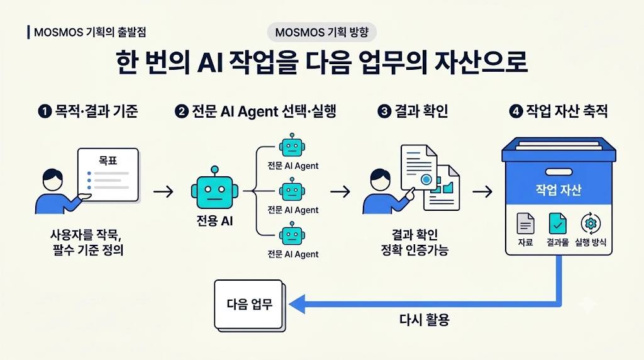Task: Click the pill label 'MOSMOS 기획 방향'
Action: (x=322, y=32)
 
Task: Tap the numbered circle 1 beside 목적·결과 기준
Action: (x=45, y=111)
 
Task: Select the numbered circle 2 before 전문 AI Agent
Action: (x=182, y=111)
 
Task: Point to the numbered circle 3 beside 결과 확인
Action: (x=384, y=111)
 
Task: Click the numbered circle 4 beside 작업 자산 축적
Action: (x=516, y=111)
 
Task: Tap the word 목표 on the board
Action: (x=108, y=160)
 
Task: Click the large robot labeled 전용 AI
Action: (x=214, y=188)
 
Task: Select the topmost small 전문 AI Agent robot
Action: (x=292, y=145)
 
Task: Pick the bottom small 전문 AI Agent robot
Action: (x=292, y=234)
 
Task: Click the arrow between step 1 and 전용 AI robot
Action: (x=164, y=191)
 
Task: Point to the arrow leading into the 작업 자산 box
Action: (x=482, y=191)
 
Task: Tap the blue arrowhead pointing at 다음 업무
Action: (x=297, y=304)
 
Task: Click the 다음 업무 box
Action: (x=249, y=305)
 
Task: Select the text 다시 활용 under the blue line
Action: (x=425, y=320)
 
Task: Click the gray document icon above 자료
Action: (x=525, y=223)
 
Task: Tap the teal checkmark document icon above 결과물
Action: (x=558, y=223)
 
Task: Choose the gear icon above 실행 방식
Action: (x=591, y=223)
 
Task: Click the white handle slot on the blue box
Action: (x=558, y=172)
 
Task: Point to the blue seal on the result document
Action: (x=426, y=179)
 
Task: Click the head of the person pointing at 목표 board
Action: (x=53, y=179)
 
